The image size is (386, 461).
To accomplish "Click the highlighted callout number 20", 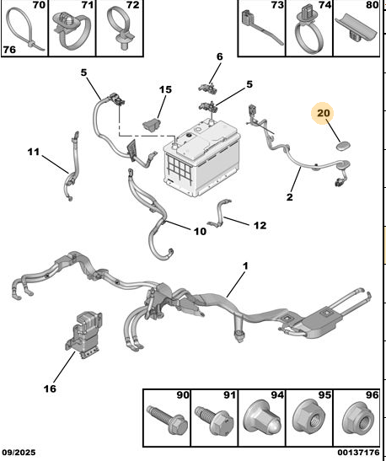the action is click(x=324, y=113).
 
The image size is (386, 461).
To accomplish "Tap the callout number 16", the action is click(x=50, y=389).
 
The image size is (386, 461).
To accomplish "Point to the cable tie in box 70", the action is click(x=24, y=30).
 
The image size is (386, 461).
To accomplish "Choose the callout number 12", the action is click(x=260, y=226).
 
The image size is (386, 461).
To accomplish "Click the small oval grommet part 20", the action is click(x=343, y=146).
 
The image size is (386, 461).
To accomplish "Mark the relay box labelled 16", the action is click(x=83, y=335).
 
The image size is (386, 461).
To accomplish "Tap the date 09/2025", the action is click(x=19, y=453).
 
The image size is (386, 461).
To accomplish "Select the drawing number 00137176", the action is click(x=358, y=453).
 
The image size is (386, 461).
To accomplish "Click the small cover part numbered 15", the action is click(x=152, y=124).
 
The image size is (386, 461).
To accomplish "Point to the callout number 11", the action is click(x=34, y=152).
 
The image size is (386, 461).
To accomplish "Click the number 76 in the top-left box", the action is click(x=9, y=50).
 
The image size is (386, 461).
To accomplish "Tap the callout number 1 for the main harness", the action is click(x=245, y=266).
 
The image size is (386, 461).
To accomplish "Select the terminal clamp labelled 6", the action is click(x=209, y=88).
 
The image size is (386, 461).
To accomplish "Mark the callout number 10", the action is click(x=200, y=232).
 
